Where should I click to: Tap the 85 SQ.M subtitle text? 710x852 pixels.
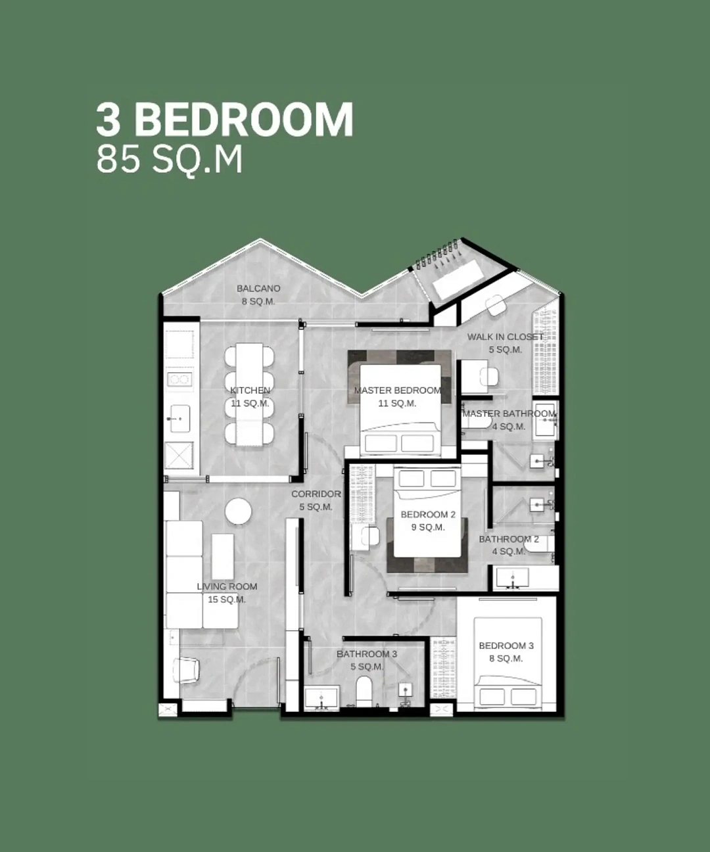[x=170, y=160]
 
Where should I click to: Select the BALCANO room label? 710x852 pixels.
[x=259, y=289]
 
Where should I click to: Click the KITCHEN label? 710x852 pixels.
[x=250, y=390]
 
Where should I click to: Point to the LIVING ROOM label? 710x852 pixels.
[x=227, y=587]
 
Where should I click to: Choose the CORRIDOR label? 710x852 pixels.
[x=316, y=494]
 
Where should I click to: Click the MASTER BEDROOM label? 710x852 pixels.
[x=398, y=390]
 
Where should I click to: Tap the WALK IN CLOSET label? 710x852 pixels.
[x=505, y=337]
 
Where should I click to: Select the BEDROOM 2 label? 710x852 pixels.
[x=428, y=515]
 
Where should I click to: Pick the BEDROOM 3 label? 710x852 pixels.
[x=506, y=646]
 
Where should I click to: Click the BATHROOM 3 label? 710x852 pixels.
[x=367, y=654]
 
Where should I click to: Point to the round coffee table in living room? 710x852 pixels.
[x=238, y=511]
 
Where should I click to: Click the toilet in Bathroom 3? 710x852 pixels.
[x=364, y=692]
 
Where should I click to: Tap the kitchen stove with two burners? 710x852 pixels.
[x=179, y=379]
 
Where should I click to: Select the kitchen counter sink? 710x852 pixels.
[x=180, y=418]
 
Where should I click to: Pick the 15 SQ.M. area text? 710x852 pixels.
[x=227, y=600]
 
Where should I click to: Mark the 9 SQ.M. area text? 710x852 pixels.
[x=428, y=528]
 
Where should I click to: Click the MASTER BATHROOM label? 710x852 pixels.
[x=509, y=414]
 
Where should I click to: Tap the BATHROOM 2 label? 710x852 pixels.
[x=509, y=540]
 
